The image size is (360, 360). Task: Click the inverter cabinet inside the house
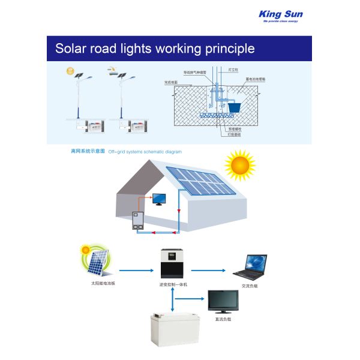pos(139,221)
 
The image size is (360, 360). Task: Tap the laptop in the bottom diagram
pos(248,267)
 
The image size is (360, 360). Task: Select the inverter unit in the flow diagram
pos(173,265)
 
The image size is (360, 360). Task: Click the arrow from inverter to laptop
pos(214,271)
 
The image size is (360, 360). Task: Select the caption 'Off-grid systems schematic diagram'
pos(145,152)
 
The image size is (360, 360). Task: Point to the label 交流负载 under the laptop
pos(250,286)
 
